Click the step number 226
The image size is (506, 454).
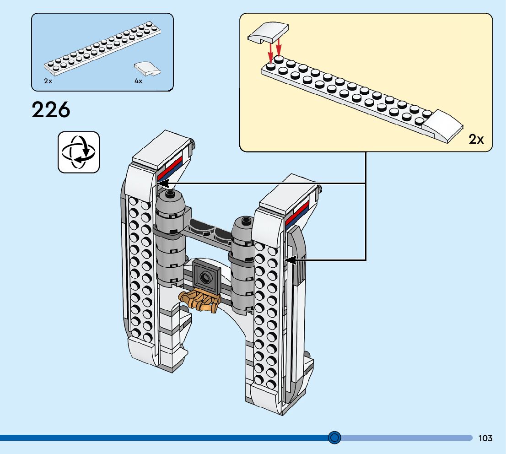pos(51,109)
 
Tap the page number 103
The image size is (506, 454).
pos(485,438)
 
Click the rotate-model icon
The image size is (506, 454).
pos(79,152)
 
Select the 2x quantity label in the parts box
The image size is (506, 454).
pos(48,81)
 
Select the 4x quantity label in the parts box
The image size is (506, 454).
pos(139,81)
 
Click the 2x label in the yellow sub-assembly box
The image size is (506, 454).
pos(476,139)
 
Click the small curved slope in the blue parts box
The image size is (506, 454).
pos(147,69)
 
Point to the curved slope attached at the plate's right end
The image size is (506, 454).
pos(443,126)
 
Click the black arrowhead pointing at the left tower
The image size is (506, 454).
pos(162,184)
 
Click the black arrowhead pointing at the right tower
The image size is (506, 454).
pos(290,260)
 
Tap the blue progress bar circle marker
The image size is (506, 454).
pos(334,438)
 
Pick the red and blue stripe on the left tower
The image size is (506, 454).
pos(170,169)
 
